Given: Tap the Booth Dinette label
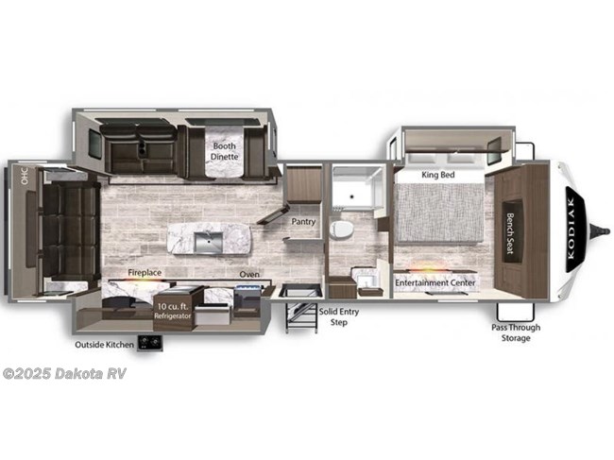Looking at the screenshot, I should (x=225, y=151).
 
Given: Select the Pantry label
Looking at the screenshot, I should (x=303, y=222).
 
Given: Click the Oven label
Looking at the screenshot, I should (x=249, y=275).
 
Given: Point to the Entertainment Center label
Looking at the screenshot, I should (x=435, y=282).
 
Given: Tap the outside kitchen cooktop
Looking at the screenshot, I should (x=146, y=343).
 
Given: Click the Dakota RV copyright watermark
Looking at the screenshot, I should (x=64, y=373).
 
